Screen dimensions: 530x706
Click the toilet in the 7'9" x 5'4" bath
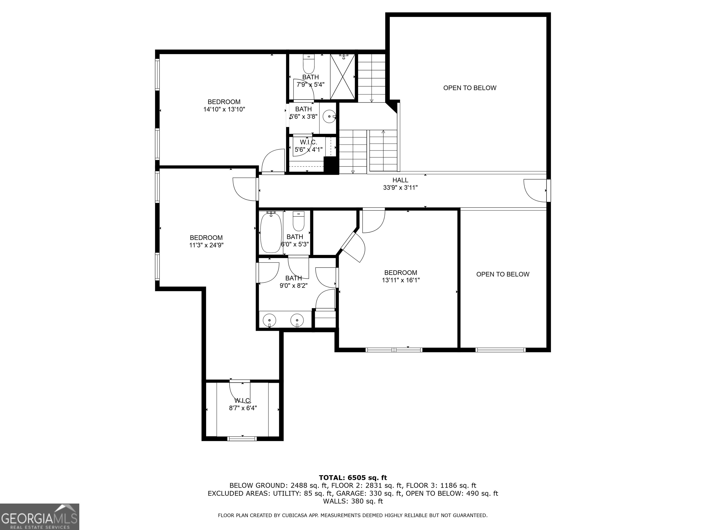[309, 65]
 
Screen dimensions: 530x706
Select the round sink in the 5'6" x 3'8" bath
[329, 117]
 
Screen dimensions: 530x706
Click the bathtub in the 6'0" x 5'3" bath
[271, 233]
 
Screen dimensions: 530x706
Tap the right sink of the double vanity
[297, 320]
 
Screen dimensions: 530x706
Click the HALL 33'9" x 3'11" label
[400, 184]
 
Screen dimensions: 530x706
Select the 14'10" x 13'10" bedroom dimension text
[224, 109]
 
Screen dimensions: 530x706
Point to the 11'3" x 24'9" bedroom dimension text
[206, 245]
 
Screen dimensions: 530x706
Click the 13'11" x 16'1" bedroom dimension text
[401, 280]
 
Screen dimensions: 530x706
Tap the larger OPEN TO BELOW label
[470, 88]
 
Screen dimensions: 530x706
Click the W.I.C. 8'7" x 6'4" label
[243, 404]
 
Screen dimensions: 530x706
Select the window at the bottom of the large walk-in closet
[242, 439]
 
